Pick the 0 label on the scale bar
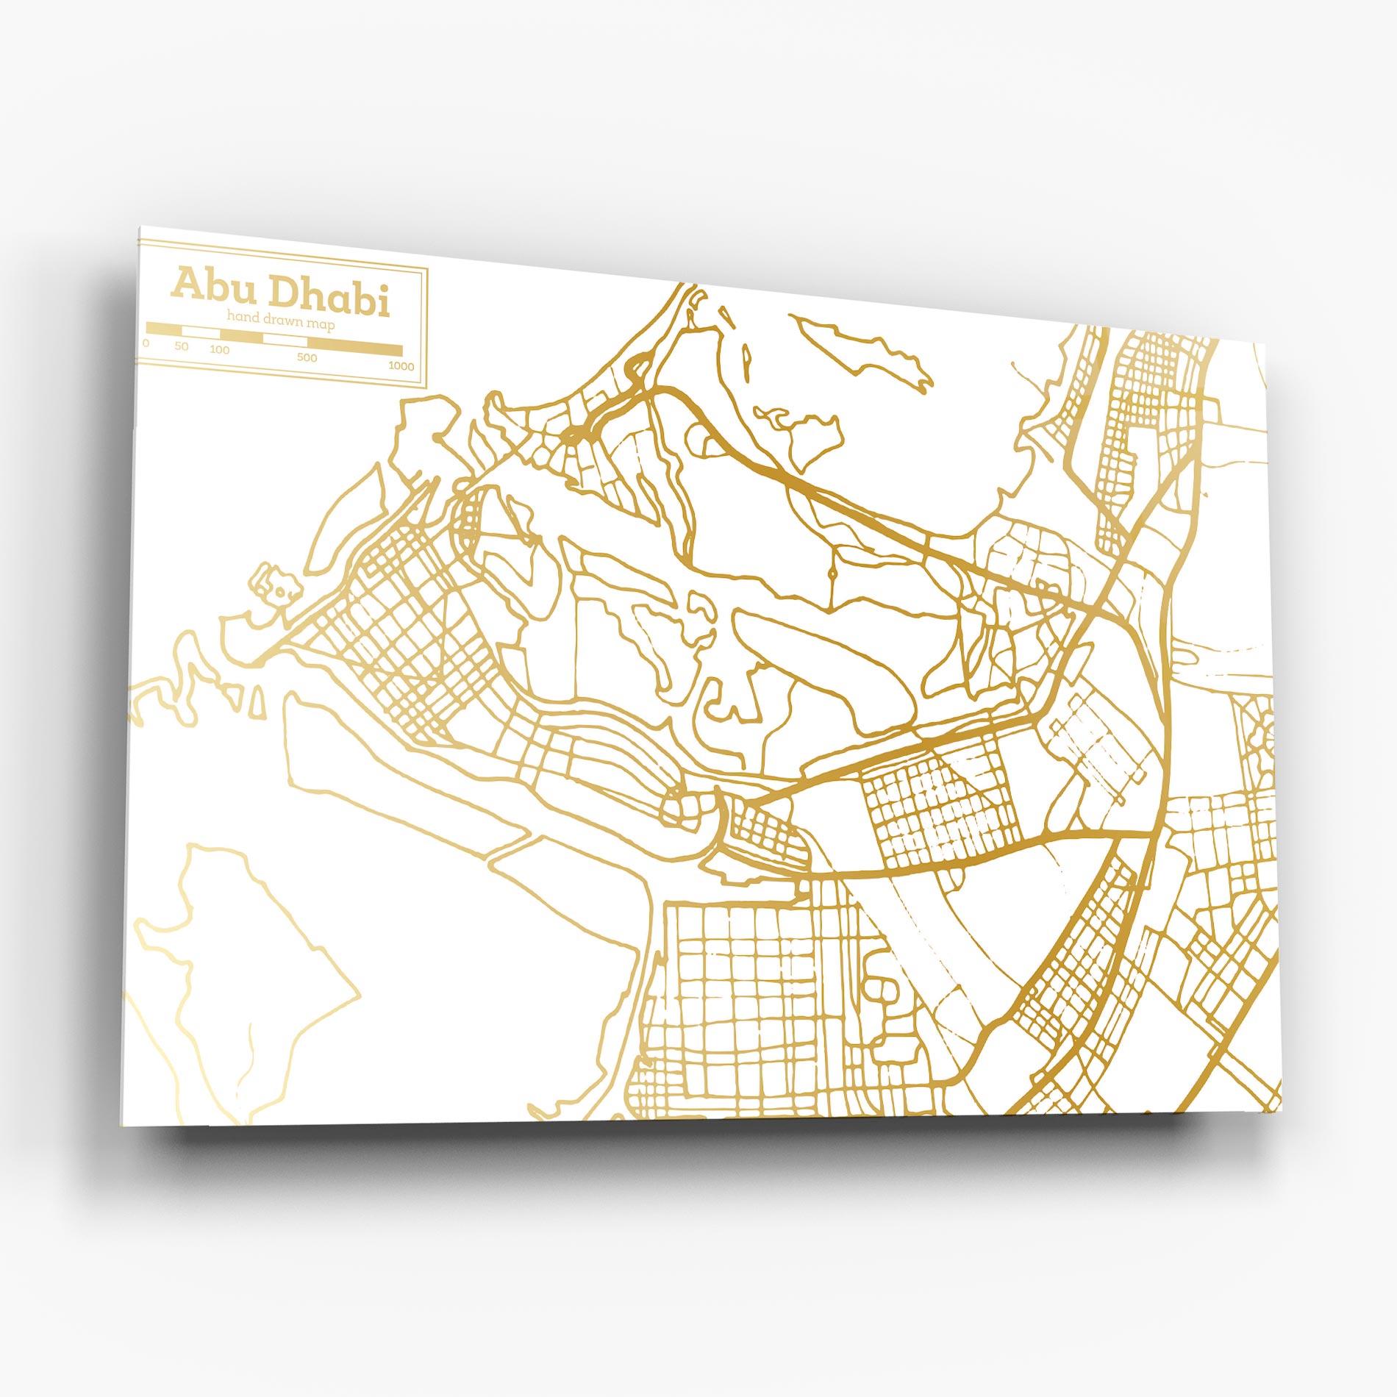(x=146, y=343)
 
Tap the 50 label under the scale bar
(x=182, y=346)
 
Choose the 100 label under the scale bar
(x=219, y=350)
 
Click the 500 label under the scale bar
(x=307, y=358)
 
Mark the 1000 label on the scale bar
(x=401, y=366)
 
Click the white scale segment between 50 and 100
(x=201, y=332)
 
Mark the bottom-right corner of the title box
(x=426, y=385)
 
